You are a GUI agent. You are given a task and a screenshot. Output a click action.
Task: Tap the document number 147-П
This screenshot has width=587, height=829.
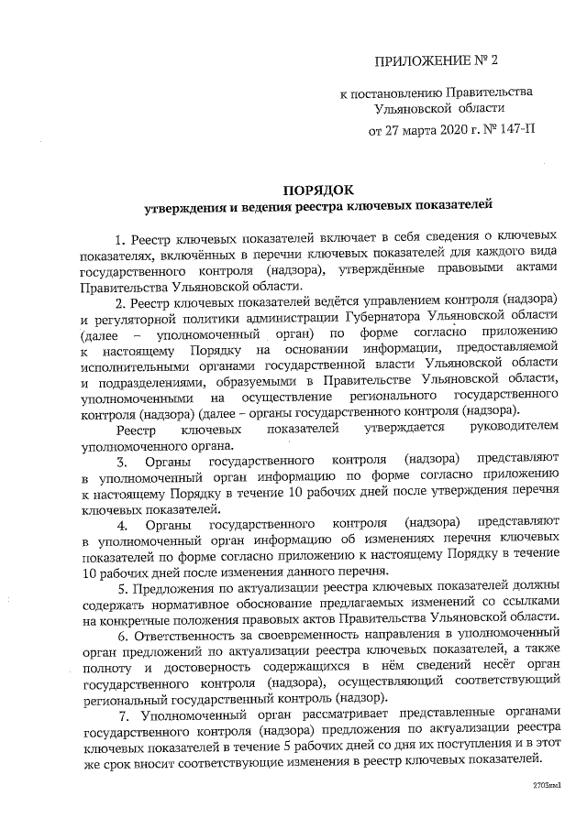pyautogui.click(x=513, y=129)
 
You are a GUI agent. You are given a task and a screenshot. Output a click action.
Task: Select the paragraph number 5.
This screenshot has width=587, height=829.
pyautogui.click(x=136, y=588)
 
